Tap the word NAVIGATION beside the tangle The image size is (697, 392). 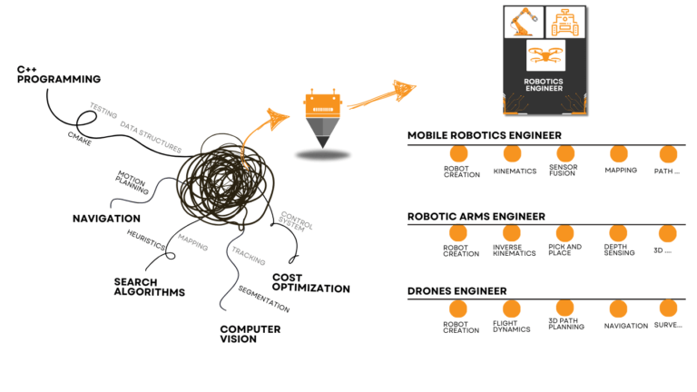pyautogui.click(x=106, y=219)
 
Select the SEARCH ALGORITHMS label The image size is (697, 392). pyautogui.click(x=149, y=287)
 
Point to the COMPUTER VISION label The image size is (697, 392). pyautogui.click(x=250, y=334)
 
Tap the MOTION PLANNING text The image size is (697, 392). pyautogui.click(x=131, y=181)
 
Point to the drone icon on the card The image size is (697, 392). pyautogui.click(x=545, y=55)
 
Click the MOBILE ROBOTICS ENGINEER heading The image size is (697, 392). pyautogui.click(x=484, y=136)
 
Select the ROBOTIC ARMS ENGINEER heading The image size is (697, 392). pyautogui.click(x=476, y=216)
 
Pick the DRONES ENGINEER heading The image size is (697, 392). pyautogui.click(x=456, y=291)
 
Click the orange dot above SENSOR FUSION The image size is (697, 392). pyautogui.click(x=564, y=153)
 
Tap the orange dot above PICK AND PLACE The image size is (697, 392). pyautogui.click(x=564, y=232)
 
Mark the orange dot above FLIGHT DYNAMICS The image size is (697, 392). pyautogui.click(x=512, y=309)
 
